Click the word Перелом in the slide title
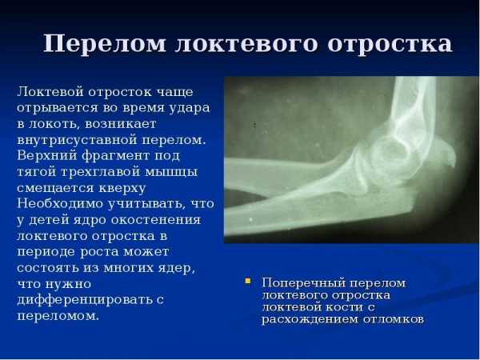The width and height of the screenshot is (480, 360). pyautogui.click(x=104, y=44)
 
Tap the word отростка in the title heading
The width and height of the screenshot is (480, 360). pyautogui.click(x=390, y=44)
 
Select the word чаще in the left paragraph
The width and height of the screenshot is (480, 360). pyautogui.click(x=174, y=92)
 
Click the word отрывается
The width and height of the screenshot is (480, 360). pyautogui.click(x=58, y=108)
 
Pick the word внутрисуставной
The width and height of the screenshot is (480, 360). pyautogui.click(x=77, y=140)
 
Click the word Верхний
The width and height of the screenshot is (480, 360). pyautogui.click(x=47, y=155)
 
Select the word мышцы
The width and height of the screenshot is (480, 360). pyautogui.click(x=171, y=173)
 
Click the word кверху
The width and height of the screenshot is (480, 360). pyautogui.click(x=122, y=188)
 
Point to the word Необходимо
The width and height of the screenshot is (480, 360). pyautogui.click(x=60, y=203)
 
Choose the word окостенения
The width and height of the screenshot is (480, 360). pyautogui.click(x=156, y=220)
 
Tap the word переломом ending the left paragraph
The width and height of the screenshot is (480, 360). pyautogui.click(x=58, y=316)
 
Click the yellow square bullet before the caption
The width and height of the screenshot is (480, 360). pyautogui.click(x=248, y=281)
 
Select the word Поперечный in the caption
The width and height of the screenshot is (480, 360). pyautogui.click(x=303, y=283)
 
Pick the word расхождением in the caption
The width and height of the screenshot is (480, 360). pyautogui.click(x=310, y=319)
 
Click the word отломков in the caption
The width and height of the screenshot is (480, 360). pyautogui.click(x=394, y=319)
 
